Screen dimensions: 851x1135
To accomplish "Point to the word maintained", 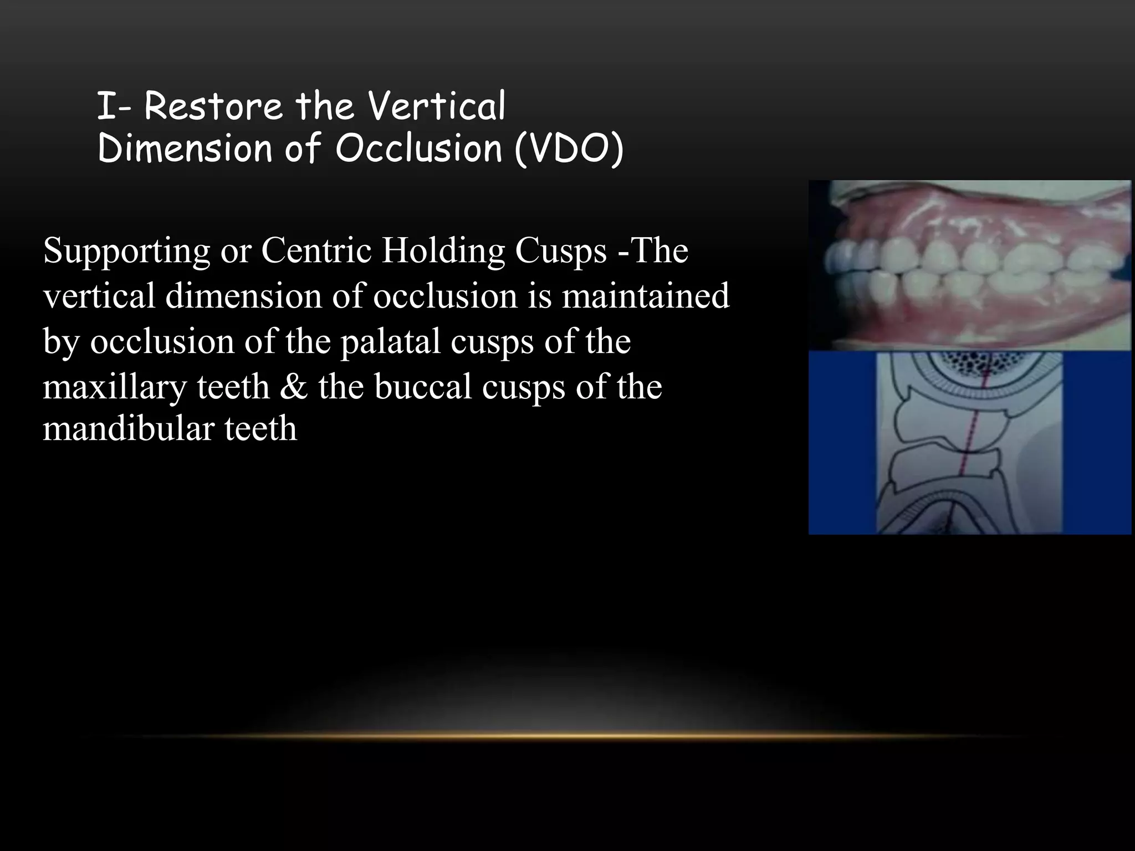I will tap(646, 296).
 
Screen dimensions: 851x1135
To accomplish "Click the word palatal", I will tap(390, 342).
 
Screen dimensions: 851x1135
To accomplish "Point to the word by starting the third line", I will tap(60, 342).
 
